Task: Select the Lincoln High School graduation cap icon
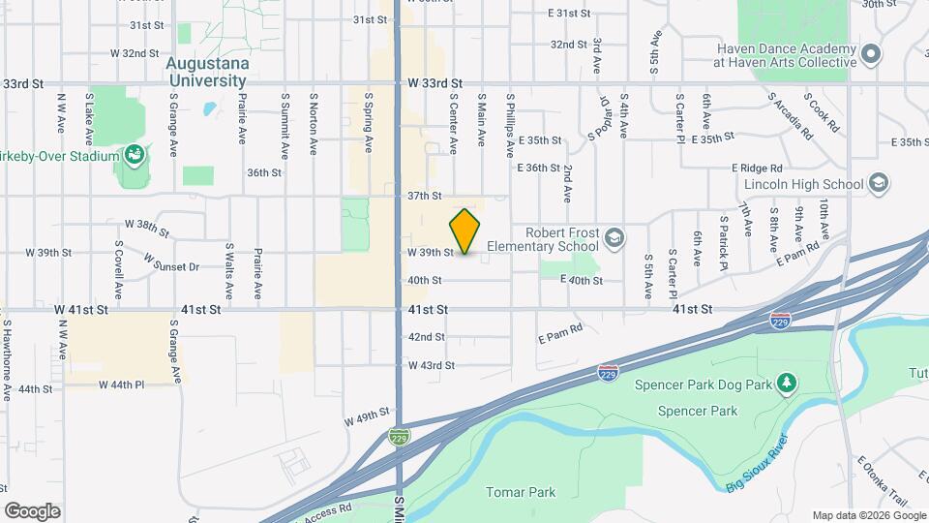coord(879,183)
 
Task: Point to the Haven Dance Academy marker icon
coord(871,54)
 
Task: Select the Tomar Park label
coord(521,492)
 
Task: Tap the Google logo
coord(32,511)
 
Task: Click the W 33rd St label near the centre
coord(435,84)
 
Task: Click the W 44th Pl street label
coord(121,385)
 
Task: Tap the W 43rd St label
coord(431,365)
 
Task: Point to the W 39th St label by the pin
coord(431,252)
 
